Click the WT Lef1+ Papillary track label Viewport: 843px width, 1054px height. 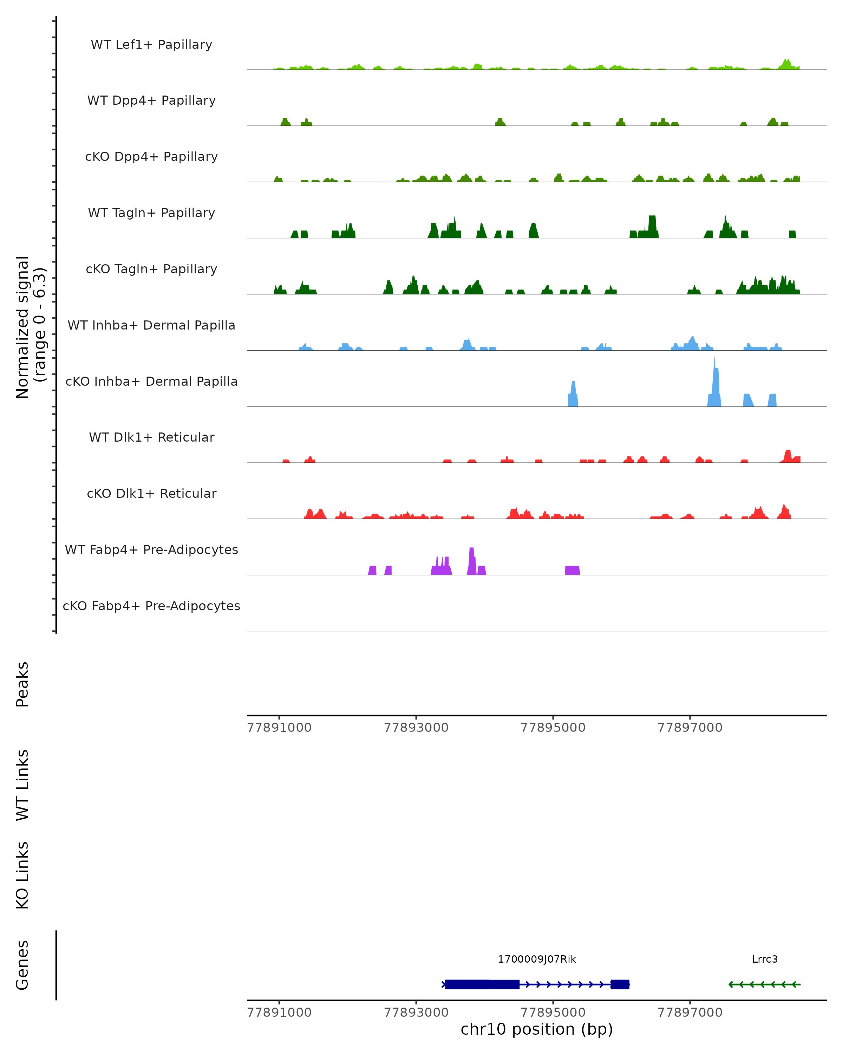click(x=151, y=45)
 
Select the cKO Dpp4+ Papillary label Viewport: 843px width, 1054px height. click(x=151, y=157)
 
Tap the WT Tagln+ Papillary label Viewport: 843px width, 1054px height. click(x=151, y=213)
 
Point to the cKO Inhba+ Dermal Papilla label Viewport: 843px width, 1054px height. click(x=151, y=382)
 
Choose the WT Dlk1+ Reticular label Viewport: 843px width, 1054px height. click(x=151, y=437)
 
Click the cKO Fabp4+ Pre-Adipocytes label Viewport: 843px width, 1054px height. click(x=151, y=606)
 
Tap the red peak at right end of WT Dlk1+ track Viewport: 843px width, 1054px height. click(x=788, y=456)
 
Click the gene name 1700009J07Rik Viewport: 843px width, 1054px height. click(x=537, y=959)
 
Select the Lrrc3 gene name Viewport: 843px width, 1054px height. click(x=765, y=959)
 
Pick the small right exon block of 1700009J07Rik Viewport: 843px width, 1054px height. click(x=620, y=984)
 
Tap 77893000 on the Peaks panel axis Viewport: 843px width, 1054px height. click(x=416, y=728)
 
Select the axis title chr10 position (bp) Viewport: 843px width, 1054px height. click(x=537, y=1029)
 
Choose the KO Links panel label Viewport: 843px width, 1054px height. click(x=22, y=875)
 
